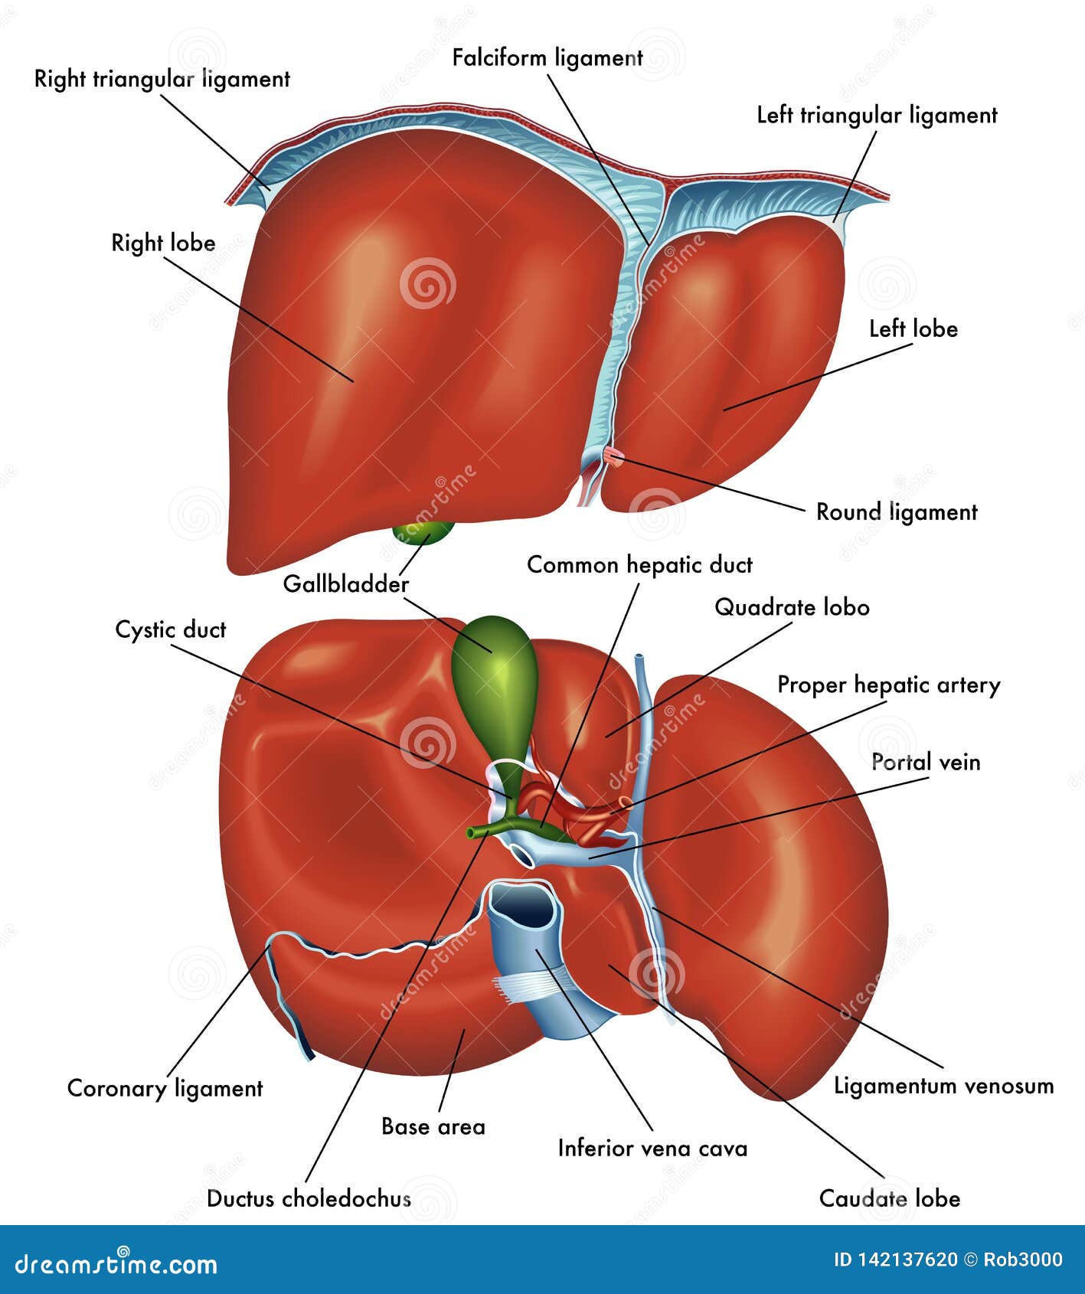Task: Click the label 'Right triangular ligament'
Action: (x=162, y=80)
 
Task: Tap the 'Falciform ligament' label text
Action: (x=547, y=58)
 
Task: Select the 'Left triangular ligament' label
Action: (x=877, y=116)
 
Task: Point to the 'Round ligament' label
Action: (x=896, y=512)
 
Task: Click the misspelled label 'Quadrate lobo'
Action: (x=792, y=608)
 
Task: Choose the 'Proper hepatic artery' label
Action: (x=888, y=685)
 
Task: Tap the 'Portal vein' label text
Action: (x=926, y=763)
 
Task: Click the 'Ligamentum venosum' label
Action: (x=943, y=1086)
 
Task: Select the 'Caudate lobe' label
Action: (x=889, y=1198)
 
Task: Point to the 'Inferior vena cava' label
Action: (x=652, y=1149)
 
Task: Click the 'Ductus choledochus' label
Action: (x=309, y=1198)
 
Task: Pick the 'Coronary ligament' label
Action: (x=165, y=1089)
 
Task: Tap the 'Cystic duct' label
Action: (x=171, y=630)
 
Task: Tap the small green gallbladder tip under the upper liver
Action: (x=423, y=531)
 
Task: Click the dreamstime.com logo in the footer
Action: (x=116, y=1264)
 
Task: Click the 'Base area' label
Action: (x=433, y=1127)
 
